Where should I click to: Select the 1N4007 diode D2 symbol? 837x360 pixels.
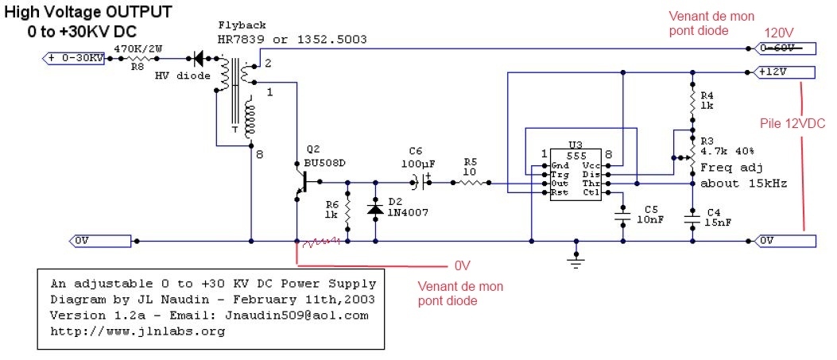375,211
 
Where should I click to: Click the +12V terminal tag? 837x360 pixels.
782,72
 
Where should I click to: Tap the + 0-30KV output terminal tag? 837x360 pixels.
72,58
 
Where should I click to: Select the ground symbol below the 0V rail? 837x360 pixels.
574,257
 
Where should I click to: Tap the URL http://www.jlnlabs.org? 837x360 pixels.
138,331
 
